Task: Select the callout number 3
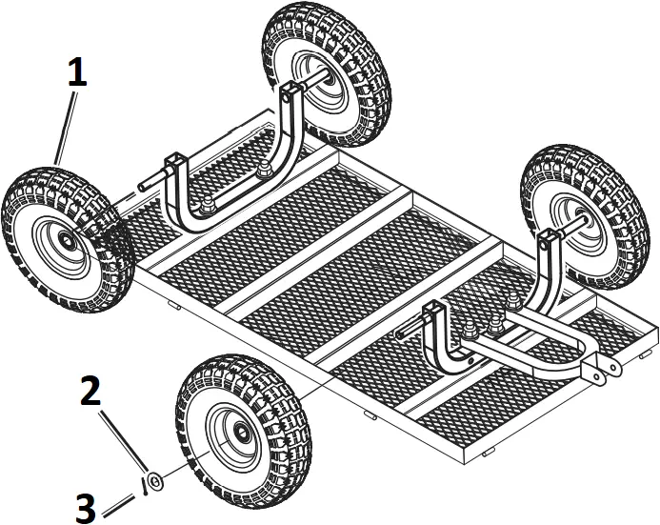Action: [86, 506]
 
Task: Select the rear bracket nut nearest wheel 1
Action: [206, 206]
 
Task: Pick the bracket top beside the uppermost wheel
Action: [290, 90]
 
